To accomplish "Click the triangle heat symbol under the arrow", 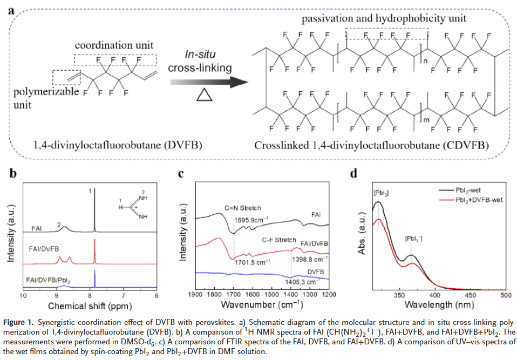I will coord(203,96).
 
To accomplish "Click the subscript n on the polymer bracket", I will coord(424,60).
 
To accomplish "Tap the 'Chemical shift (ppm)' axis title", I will coord(90,305).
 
